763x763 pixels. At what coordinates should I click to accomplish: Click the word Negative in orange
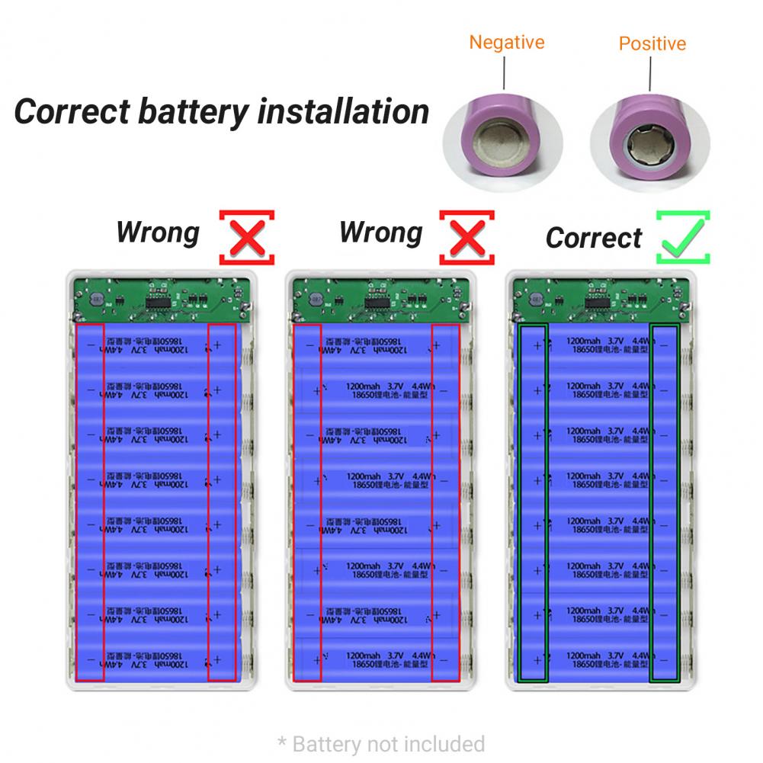pos(506,42)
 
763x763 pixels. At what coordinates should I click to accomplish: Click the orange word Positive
pos(652,43)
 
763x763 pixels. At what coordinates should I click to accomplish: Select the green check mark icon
pos(683,238)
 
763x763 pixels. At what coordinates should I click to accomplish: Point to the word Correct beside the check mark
pos(594,238)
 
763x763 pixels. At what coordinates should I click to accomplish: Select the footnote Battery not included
pos(381,743)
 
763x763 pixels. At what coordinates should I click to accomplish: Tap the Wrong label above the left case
pos(158,232)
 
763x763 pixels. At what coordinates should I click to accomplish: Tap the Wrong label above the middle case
pos(380,232)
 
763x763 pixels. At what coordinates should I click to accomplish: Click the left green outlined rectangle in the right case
pos(532,502)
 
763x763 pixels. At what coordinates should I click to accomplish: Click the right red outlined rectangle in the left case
pos(223,502)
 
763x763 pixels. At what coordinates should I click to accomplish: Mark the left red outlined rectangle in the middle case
pos(307,502)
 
